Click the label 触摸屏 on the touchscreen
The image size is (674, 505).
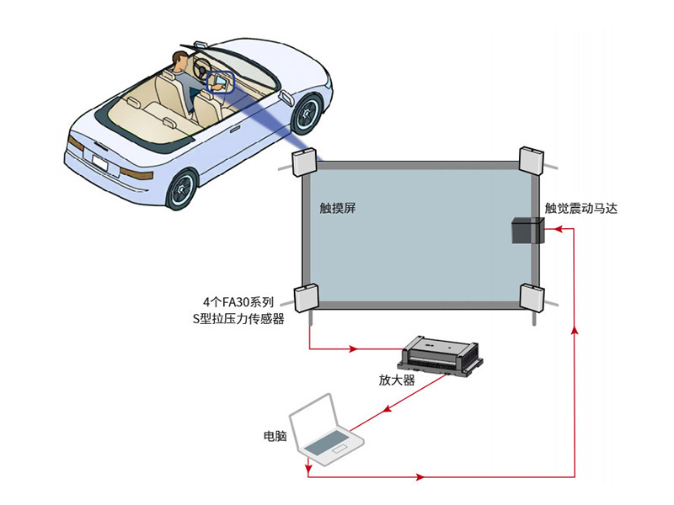pos(338,208)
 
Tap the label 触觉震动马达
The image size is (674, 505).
pos(580,208)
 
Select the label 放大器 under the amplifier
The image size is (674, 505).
pos(396,380)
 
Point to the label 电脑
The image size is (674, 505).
pos(275,436)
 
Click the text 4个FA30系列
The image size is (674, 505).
pos(238,302)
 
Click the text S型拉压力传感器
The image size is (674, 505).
pos(238,319)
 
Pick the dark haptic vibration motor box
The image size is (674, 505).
pos(528,230)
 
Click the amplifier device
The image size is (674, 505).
pos(440,357)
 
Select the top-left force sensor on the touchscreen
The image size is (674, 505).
pos(304,162)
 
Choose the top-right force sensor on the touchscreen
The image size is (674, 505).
pos(532,161)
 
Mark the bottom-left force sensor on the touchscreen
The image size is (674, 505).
pos(306,298)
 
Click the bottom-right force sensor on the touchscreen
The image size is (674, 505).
pos(532,297)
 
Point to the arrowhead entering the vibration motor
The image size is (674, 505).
pos(558,229)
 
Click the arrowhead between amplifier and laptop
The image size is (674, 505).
pos(387,408)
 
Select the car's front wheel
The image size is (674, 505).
pos(306,114)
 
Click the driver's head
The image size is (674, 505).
pos(180,60)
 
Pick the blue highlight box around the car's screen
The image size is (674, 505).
pos(221,82)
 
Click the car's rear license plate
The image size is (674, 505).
pos(99,163)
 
